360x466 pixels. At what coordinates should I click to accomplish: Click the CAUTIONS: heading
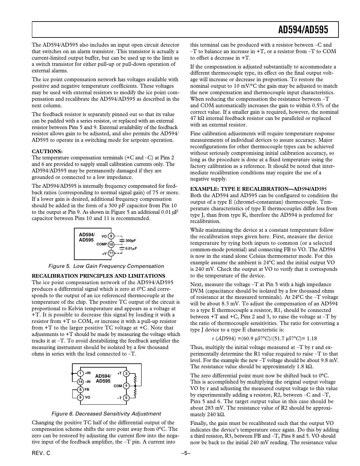(47, 151)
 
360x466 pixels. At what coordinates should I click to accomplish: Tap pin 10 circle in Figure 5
(111, 244)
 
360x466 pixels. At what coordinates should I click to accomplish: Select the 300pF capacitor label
(130, 240)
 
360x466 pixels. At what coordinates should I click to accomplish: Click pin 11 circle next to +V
(111, 253)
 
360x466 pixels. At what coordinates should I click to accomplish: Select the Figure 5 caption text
(106, 266)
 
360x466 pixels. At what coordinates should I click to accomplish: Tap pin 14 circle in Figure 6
(80, 382)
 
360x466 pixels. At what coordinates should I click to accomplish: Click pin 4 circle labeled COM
(127, 386)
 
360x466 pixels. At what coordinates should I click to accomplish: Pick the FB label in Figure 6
(87, 389)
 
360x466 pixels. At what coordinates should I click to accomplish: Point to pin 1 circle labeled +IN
(80, 373)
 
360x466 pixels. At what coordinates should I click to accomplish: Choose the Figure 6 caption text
(106, 414)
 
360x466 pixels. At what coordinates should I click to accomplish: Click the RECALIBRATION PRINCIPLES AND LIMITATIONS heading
(98, 276)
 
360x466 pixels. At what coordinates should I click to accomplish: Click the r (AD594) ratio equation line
(264, 339)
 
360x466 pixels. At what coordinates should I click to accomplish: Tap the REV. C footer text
(41, 454)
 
